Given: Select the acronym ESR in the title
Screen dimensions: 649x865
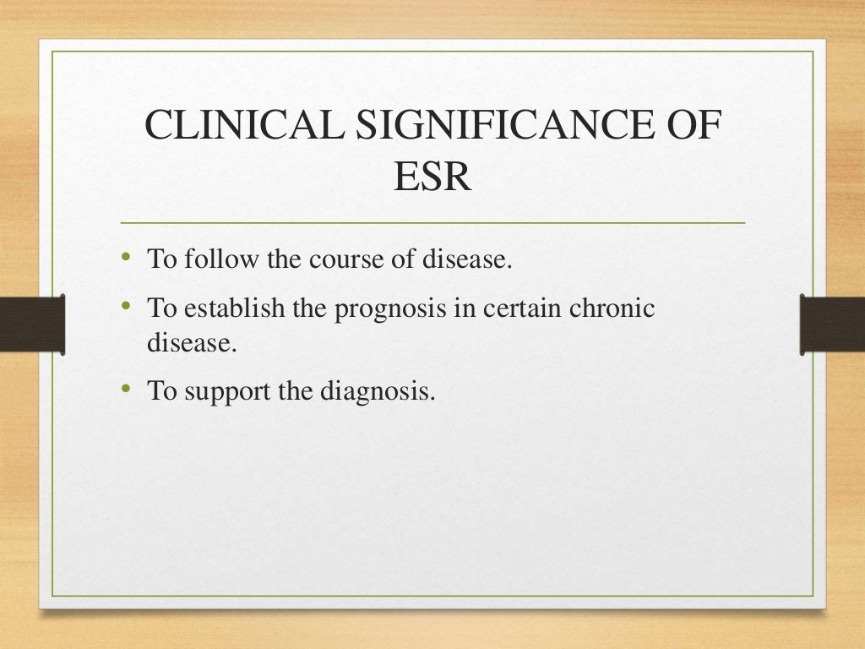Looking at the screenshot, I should [x=432, y=178].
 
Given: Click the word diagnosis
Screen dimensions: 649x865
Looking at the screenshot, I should [x=379, y=392].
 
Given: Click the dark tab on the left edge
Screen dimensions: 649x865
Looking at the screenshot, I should [x=32, y=323].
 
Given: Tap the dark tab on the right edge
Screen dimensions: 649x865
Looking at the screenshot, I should [x=832, y=323].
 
